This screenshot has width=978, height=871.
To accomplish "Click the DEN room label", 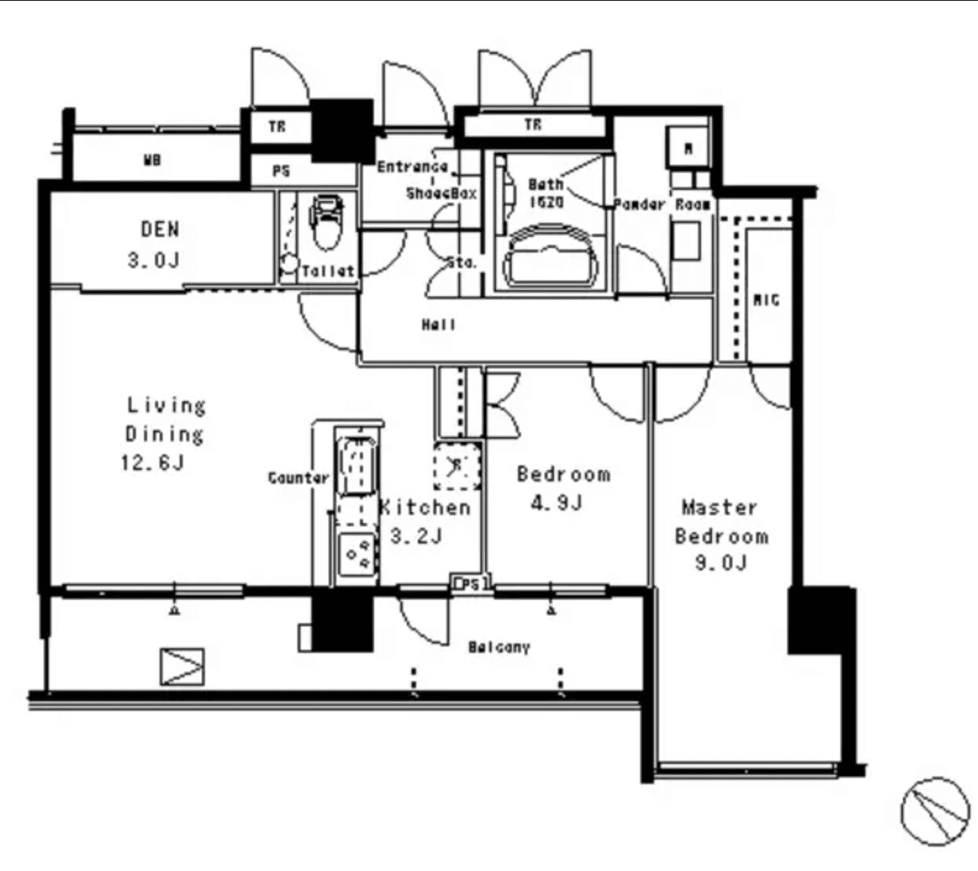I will pos(160,229).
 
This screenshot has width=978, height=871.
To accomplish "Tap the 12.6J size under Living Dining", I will pos(152,462).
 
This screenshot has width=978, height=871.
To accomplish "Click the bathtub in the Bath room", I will pos(551,256).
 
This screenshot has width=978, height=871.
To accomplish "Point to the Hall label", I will pos(438,324).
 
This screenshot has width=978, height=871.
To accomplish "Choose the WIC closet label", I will pos(765,299).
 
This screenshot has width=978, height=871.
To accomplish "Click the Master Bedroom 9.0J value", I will pos(721,561).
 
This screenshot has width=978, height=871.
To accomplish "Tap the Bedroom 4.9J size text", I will pos(556,502).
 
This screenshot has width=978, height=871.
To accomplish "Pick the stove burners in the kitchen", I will pos(357,554).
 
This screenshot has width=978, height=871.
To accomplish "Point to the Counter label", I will pos(298,478).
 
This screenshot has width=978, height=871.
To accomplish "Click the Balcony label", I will pos(499,647).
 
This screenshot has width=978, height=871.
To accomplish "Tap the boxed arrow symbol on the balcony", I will pos(182,667).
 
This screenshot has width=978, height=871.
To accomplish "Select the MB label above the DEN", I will pos(152,160).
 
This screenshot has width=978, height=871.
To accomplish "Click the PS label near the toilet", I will pos(282,170).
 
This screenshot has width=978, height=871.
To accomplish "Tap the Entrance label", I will pos(412,167).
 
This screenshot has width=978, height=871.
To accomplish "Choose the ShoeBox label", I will pos(441,192).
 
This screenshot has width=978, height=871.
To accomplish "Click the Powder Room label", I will pos(662,204).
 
